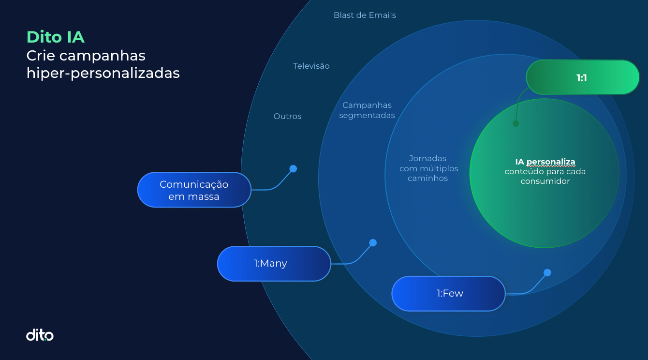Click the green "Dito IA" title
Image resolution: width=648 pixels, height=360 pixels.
click(x=56, y=37)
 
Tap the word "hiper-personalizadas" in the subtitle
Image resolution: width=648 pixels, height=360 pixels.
click(x=103, y=73)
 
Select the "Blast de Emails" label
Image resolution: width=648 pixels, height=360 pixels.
click(x=365, y=15)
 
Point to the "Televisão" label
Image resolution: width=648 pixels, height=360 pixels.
click(x=311, y=66)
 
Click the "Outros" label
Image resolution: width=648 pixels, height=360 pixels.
click(x=287, y=116)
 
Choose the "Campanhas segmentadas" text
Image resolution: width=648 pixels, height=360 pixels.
click(x=367, y=110)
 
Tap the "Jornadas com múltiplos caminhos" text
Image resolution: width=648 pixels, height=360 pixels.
click(x=428, y=168)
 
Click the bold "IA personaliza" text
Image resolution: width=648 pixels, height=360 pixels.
click(x=545, y=162)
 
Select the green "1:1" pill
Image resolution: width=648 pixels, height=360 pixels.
click(x=582, y=77)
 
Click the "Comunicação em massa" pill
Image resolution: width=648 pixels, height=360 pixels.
click(x=194, y=190)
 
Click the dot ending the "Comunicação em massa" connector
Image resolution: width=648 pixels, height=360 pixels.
click(x=293, y=169)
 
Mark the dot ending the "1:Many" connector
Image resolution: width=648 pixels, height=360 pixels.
click(x=373, y=243)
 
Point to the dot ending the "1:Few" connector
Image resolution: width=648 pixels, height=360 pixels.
click(x=547, y=273)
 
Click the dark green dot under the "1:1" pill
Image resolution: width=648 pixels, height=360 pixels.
click(x=515, y=123)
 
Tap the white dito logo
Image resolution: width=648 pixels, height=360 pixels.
click(x=40, y=335)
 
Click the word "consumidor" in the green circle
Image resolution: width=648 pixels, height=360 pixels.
click(x=545, y=181)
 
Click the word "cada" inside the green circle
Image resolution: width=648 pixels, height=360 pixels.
click(x=576, y=171)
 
